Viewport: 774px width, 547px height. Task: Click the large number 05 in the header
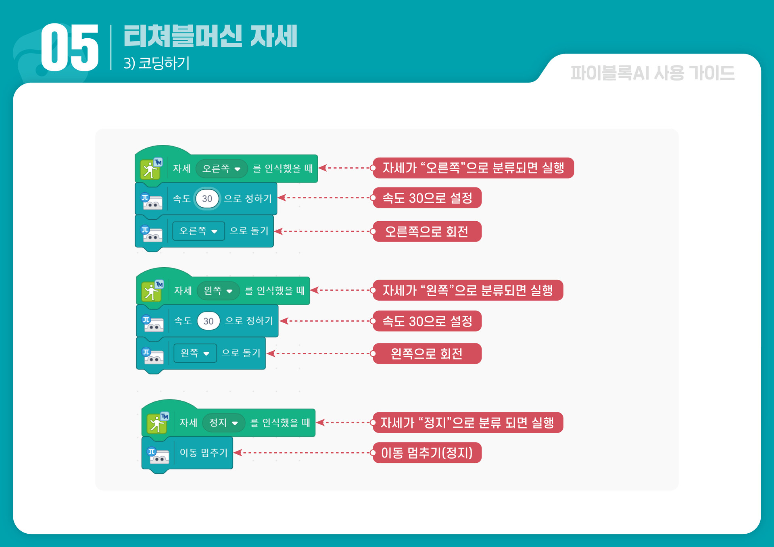coord(70,48)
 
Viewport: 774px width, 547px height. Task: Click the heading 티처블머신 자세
coord(210,36)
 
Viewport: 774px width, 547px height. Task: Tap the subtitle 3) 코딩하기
coord(156,63)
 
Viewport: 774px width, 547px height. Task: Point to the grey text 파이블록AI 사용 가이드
coord(652,73)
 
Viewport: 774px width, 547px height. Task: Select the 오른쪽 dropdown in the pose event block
coord(221,168)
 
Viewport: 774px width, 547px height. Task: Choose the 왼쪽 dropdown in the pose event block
coord(218,291)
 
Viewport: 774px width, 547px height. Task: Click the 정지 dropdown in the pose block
coord(223,423)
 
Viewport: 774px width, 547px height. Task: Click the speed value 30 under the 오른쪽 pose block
coord(207,199)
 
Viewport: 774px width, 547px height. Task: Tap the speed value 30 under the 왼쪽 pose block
coord(208,321)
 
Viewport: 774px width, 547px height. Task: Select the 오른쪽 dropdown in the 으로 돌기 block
coord(198,231)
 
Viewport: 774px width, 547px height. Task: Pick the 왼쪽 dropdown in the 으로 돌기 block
coord(195,354)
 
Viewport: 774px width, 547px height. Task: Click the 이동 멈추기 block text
coord(204,453)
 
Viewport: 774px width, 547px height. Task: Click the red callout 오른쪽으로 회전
coord(427,232)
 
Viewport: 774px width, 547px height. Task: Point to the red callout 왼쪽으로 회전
coord(427,354)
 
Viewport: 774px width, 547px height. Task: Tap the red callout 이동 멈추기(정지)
coord(427,453)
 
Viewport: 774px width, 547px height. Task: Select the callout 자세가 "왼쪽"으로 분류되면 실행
coord(467,290)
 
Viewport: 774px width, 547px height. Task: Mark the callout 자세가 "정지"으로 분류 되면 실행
coord(467,423)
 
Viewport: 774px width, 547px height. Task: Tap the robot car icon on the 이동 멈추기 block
coord(158,455)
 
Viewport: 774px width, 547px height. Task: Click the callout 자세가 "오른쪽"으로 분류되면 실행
coord(473,168)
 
